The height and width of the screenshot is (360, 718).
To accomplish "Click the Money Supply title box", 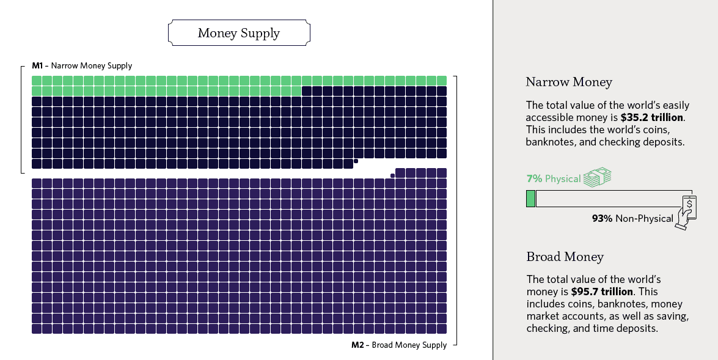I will [x=238, y=33].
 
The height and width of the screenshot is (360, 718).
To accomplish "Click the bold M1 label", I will [x=37, y=65].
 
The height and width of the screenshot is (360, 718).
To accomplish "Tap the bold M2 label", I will [x=358, y=345].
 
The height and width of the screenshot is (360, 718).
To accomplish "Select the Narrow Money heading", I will [x=568, y=82].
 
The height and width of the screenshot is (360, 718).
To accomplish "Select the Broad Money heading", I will [x=565, y=257].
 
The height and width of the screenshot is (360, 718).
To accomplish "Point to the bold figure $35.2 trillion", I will [x=652, y=117].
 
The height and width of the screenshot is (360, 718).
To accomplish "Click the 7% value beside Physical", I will [x=534, y=179].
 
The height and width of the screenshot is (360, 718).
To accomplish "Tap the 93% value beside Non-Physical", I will [x=602, y=218].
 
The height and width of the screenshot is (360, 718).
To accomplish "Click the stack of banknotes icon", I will [x=597, y=177].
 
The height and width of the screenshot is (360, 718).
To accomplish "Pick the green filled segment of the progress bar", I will [x=530, y=199].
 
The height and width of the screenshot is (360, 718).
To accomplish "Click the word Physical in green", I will [x=562, y=179].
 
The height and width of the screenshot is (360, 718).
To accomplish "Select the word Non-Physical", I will [x=644, y=218].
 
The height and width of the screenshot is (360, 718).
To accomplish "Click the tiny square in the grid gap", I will [x=392, y=175].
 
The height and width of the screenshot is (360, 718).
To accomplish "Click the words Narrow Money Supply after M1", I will [x=92, y=65].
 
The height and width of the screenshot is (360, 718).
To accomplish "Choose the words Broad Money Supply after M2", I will [x=409, y=345].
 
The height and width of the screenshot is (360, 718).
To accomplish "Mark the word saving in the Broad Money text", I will [x=669, y=316].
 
